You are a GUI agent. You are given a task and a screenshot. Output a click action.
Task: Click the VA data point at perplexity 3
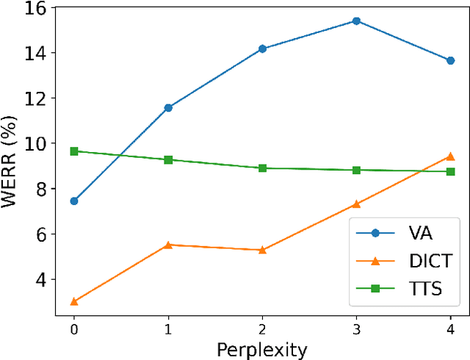(x=356, y=21)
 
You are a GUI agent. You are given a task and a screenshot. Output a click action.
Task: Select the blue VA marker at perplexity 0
(x=74, y=201)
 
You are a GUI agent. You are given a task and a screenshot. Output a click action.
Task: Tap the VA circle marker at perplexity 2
(x=262, y=49)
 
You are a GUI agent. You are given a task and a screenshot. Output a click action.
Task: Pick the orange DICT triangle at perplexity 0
(x=74, y=301)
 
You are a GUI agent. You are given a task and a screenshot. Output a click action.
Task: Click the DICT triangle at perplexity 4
(x=450, y=156)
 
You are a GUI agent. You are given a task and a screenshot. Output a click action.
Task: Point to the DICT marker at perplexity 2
(x=262, y=250)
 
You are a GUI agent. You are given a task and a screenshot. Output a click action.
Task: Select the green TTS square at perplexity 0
(x=74, y=151)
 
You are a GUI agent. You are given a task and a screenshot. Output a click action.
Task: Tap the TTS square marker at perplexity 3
(x=356, y=170)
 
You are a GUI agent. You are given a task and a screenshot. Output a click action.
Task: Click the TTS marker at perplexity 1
(x=168, y=159)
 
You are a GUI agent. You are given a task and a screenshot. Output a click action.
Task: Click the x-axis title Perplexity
(x=262, y=350)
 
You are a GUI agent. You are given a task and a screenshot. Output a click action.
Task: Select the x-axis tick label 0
(x=74, y=329)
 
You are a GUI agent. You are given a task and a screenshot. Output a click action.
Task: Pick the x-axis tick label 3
(x=356, y=329)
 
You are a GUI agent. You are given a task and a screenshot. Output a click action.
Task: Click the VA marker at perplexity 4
(x=450, y=60)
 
